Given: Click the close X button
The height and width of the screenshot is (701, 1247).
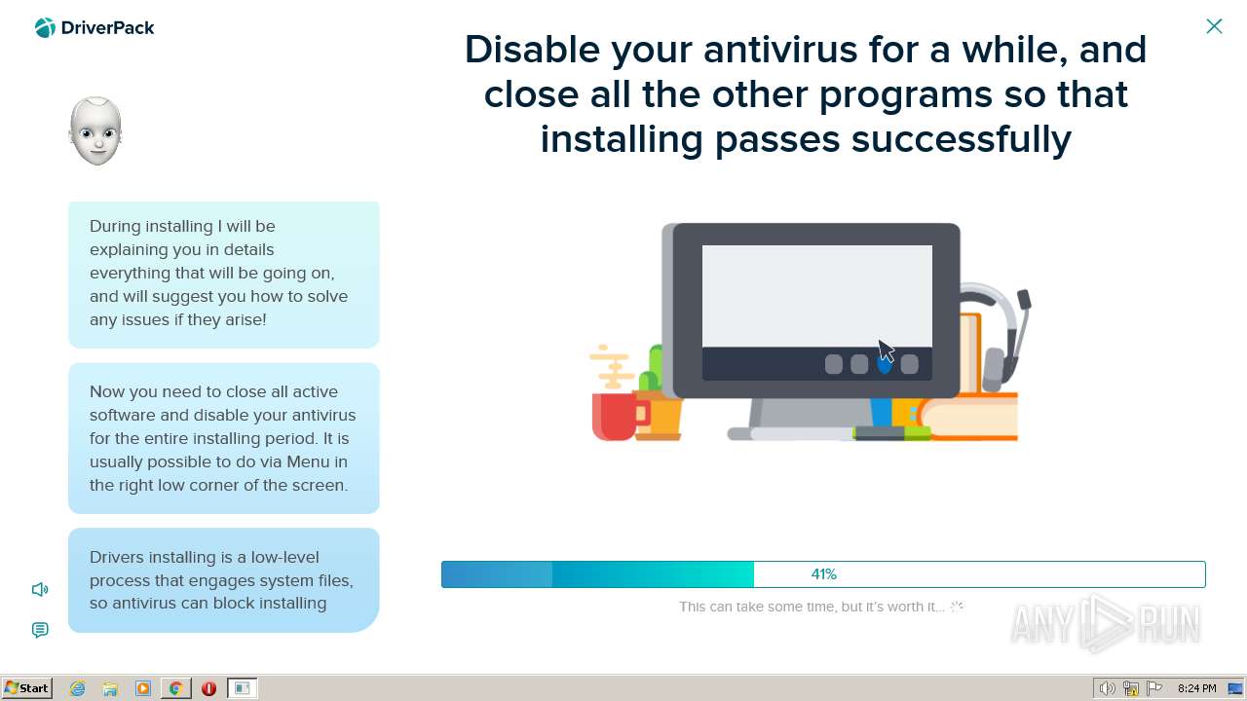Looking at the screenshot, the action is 1214,26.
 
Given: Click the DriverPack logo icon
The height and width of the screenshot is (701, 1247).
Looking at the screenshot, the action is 45,27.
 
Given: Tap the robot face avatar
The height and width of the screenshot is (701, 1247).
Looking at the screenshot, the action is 95,130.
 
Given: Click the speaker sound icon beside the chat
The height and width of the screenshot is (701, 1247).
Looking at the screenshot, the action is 40,589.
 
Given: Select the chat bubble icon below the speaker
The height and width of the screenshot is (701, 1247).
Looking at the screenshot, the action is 40,630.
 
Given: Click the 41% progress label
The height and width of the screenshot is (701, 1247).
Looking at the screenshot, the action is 824,574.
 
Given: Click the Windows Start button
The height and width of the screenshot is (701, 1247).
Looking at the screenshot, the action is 26,688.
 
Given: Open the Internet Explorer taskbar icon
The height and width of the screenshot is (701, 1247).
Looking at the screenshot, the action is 77,688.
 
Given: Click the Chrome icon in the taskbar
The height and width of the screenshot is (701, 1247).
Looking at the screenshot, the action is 176,688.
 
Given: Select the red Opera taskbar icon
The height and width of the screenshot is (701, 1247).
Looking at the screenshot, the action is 208,688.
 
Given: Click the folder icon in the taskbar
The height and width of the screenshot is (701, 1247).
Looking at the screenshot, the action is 110,688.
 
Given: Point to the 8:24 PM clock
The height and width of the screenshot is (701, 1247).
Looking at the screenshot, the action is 1197,688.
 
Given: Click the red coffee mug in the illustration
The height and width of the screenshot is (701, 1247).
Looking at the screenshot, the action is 618,416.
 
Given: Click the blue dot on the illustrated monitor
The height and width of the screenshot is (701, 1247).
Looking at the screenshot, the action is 885,365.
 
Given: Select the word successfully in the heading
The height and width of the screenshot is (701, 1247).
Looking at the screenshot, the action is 962,139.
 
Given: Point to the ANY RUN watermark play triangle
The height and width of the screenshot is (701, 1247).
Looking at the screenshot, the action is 1105,624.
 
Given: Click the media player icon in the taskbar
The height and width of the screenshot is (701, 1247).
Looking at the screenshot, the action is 143,688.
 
